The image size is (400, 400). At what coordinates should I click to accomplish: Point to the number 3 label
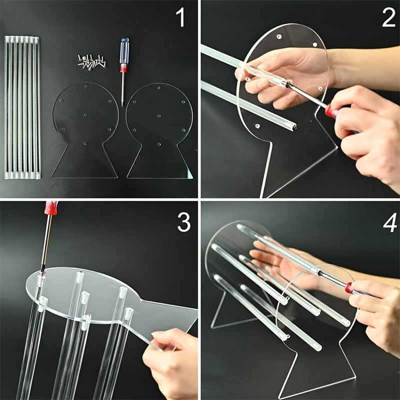pos(183,223)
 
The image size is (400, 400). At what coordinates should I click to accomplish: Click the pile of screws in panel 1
pos(93,61)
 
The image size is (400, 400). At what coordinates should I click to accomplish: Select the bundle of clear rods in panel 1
pos(22,107)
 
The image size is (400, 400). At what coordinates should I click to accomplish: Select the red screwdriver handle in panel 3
pos(51,207)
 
